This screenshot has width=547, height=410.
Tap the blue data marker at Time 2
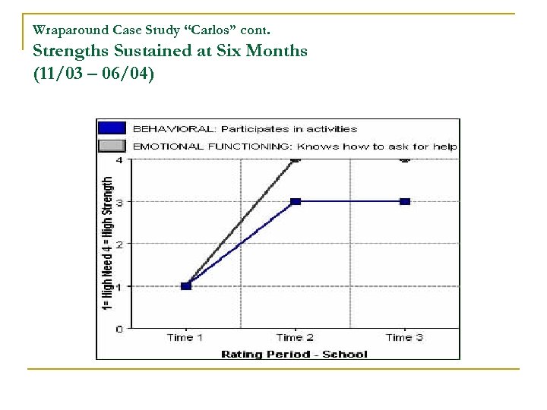296,201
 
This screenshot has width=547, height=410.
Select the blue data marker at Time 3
405,201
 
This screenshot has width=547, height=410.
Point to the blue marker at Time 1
186,285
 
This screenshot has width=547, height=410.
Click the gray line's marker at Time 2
296,159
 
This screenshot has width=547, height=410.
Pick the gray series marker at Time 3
405,159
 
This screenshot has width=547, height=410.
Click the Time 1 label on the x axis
186,338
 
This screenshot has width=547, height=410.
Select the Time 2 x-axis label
296,338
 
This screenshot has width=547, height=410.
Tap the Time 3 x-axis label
404,338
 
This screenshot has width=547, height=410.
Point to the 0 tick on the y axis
119,329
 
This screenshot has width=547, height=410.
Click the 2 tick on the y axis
119,244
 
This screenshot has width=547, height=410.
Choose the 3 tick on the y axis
119,201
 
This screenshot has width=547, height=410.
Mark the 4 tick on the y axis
119,160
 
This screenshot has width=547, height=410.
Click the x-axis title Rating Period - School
294,354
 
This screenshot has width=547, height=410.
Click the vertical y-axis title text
107,243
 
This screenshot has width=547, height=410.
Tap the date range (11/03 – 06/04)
93,74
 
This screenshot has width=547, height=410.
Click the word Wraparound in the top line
64,31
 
